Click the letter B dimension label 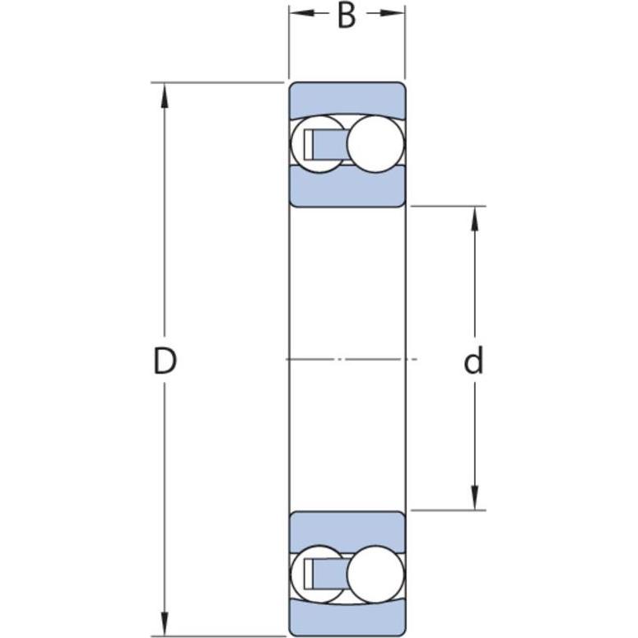[x=347, y=16]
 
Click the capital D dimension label [x=165, y=361]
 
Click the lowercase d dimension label [x=473, y=360]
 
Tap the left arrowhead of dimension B [x=302, y=13]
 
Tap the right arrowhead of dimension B [x=392, y=13]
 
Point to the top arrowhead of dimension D [x=165, y=95]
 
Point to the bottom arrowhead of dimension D [x=165, y=623]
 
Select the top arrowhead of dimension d [x=474, y=219]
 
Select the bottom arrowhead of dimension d [x=474, y=497]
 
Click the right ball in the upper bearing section [x=375, y=144]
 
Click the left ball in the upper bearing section [x=317, y=144]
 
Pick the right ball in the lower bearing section [x=375, y=574]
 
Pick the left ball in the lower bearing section [x=317, y=574]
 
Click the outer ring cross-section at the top [x=347, y=99]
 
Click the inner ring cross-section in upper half [x=347, y=188]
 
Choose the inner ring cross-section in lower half [x=347, y=531]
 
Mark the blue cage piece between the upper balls [x=328, y=144]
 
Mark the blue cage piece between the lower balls [x=328, y=574]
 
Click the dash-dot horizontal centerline [x=352, y=359]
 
